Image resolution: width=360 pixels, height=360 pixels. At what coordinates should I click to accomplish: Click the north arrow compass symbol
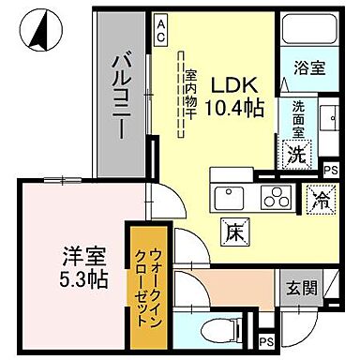pos(40,34)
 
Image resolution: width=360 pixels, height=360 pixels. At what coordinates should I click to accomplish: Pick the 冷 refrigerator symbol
pos(320,200)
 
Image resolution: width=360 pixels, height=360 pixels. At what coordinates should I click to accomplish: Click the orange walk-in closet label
pos(150,282)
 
